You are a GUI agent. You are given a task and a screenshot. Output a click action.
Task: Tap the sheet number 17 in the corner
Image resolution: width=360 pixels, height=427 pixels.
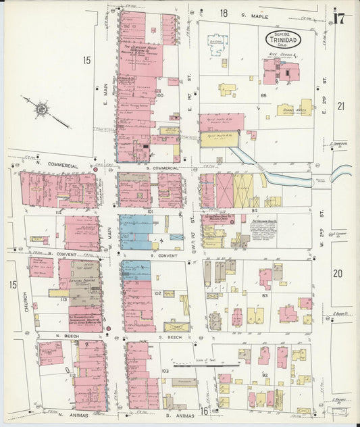340,16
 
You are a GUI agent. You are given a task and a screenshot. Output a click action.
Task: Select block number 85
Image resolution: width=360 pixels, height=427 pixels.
263,95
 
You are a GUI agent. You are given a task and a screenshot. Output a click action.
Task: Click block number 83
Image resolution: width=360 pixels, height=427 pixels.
265,296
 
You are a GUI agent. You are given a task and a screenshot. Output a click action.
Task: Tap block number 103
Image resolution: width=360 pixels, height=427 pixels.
166,372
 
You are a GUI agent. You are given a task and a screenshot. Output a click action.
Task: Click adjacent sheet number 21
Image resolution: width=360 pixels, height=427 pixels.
341,105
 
